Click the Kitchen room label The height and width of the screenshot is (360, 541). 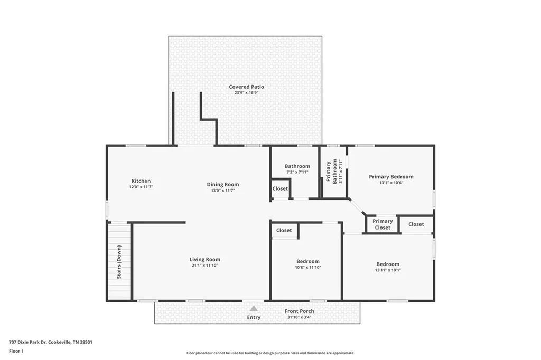click(141, 181)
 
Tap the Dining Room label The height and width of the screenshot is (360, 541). click(223, 184)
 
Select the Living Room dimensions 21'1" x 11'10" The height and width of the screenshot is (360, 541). click(205, 265)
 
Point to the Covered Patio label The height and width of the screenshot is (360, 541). click(246, 87)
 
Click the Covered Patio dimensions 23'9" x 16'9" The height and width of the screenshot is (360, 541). click(246, 92)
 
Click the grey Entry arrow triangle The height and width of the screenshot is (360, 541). click(254, 308)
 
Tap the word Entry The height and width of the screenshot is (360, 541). click(254, 317)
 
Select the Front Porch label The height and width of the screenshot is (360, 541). click(300, 311)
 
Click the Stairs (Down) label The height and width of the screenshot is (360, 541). click(119, 262)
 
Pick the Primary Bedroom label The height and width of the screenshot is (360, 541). click(391, 176)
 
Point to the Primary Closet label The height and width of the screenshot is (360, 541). click(383, 224)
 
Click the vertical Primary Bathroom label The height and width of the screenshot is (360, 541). click(331, 172)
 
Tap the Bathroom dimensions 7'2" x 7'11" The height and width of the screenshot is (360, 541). click(297, 172)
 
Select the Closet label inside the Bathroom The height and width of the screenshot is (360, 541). click(280, 188)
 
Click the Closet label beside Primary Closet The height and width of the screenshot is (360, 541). click(416, 224)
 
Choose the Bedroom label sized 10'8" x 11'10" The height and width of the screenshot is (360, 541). click(308, 261)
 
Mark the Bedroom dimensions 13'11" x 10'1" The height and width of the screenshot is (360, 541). click(388, 270)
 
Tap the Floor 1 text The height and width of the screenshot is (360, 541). click(16, 351)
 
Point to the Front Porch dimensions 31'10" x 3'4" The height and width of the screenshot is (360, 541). click(300, 317)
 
